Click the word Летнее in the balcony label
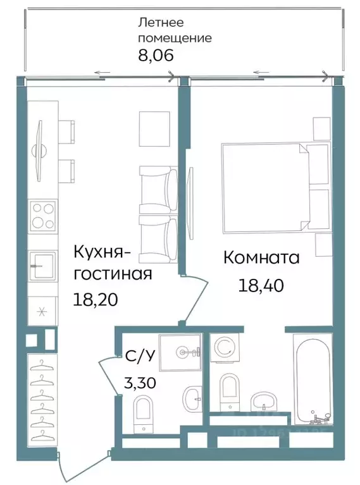point(161,23)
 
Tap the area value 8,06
point(156,55)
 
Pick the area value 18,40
point(260,285)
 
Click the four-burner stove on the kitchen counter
point(42,216)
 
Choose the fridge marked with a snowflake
point(42,310)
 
